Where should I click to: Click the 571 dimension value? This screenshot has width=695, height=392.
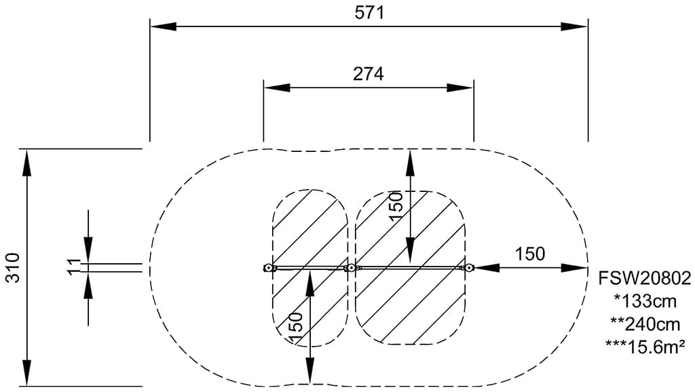[369, 13]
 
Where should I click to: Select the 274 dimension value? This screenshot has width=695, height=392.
[369, 73]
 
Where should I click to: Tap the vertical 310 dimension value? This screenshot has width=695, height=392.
[14, 267]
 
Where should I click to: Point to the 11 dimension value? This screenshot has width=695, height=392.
[74, 267]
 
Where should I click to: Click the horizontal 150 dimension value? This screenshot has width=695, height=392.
[529, 254]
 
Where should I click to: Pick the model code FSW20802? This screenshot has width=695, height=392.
[645, 278]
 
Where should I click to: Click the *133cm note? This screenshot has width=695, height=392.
[645, 301]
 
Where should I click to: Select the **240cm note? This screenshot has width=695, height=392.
[645, 324]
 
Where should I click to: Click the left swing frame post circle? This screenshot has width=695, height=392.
[267, 268]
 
